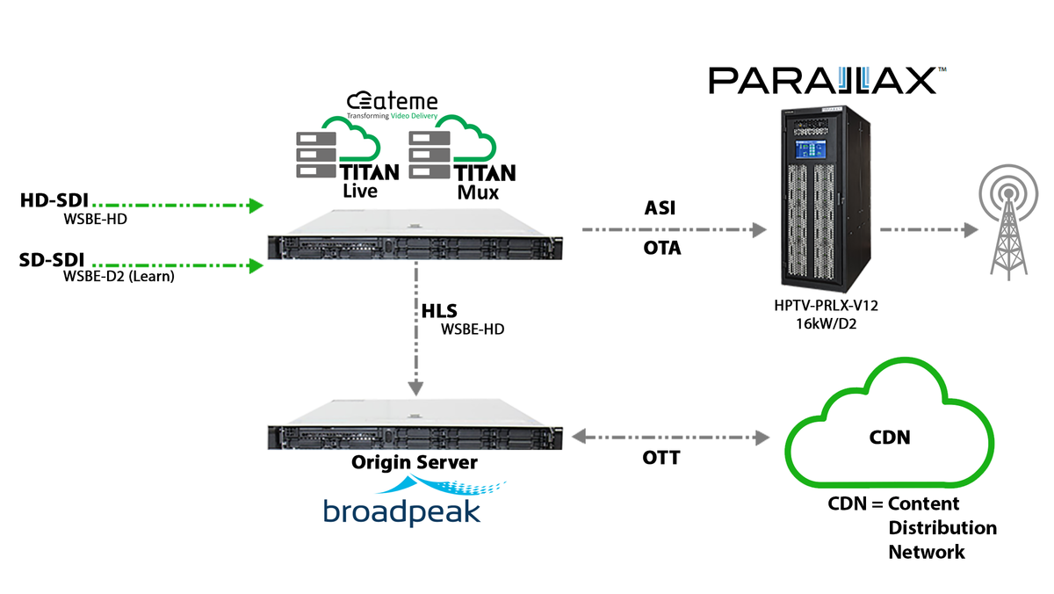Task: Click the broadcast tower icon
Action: click(1007, 223)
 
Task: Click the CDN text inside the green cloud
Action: click(889, 436)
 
